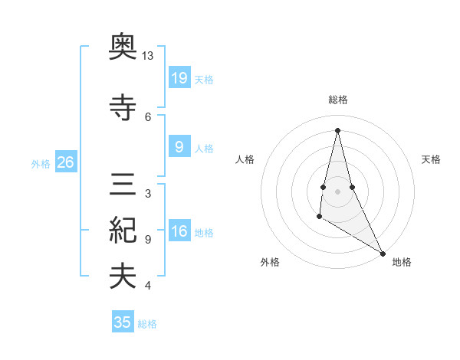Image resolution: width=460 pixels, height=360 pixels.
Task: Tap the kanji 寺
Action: pyautogui.click(x=123, y=108)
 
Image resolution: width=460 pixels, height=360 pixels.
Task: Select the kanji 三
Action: pyautogui.click(x=123, y=187)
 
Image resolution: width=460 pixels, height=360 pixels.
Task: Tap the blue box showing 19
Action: pyautogui.click(x=179, y=77)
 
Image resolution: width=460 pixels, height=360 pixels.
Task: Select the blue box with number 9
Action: pyautogui.click(x=179, y=147)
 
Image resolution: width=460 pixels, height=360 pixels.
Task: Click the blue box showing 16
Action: pyautogui.click(x=179, y=231)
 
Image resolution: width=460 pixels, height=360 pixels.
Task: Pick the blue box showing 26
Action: pyautogui.click(x=65, y=162)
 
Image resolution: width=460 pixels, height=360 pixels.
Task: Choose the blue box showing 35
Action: pyautogui.click(x=123, y=322)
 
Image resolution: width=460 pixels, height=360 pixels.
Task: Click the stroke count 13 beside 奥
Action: pyautogui.click(x=148, y=57)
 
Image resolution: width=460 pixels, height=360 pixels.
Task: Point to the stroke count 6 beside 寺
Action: pyautogui.click(x=148, y=116)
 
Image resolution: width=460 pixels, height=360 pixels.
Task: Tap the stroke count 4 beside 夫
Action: pyautogui.click(x=148, y=286)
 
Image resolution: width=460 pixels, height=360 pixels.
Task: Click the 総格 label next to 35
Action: pyautogui.click(x=147, y=323)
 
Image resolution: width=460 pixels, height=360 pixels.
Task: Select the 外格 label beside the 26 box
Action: pyautogui.click(x=41, y=163)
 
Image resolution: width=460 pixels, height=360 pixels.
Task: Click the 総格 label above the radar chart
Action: pyautogui.click(x=338, y=100)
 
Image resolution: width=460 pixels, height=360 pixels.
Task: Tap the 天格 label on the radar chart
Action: pyautogui.click(x=432, y=159)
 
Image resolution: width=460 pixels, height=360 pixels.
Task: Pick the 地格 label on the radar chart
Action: pyautogui.click(x=402, y=263)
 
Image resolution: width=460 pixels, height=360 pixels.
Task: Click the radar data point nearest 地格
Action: pyautogui.click(x=383, y=254)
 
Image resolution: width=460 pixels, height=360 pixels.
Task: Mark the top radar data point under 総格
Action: pyautogui.click(x=338, y=129)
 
